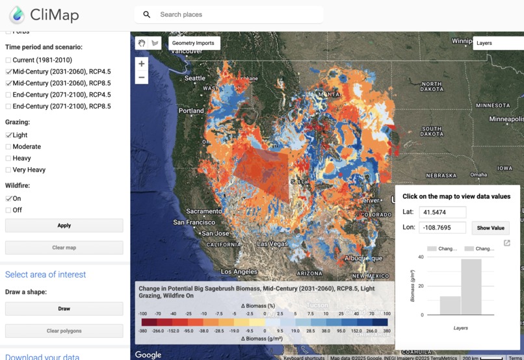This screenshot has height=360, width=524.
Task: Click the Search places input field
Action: (234, 14)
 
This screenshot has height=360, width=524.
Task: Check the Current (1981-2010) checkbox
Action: (8, 60)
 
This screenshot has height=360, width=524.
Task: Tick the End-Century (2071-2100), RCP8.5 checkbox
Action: (8, 107)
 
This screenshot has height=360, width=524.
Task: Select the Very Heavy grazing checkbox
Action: (8, 170)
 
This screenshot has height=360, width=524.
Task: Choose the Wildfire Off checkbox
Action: (8, 211)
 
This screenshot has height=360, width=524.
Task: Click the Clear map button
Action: (64, 248)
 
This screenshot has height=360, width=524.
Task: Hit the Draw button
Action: (64, 309)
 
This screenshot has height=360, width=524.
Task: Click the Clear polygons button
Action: (64, 331)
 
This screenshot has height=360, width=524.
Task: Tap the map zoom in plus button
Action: (141, 64)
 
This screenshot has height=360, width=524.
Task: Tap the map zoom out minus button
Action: (141, 77)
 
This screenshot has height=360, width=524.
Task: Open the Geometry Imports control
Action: (193, 43)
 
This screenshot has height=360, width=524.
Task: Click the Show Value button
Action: (490, 228)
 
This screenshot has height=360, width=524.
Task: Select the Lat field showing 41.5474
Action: (442, 212)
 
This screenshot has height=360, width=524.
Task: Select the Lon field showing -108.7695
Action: (442, 228)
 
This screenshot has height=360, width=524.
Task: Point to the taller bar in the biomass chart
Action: (471, 287)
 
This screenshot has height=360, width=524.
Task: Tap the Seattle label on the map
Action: (194, 78)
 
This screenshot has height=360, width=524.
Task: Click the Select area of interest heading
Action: (46, 274)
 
